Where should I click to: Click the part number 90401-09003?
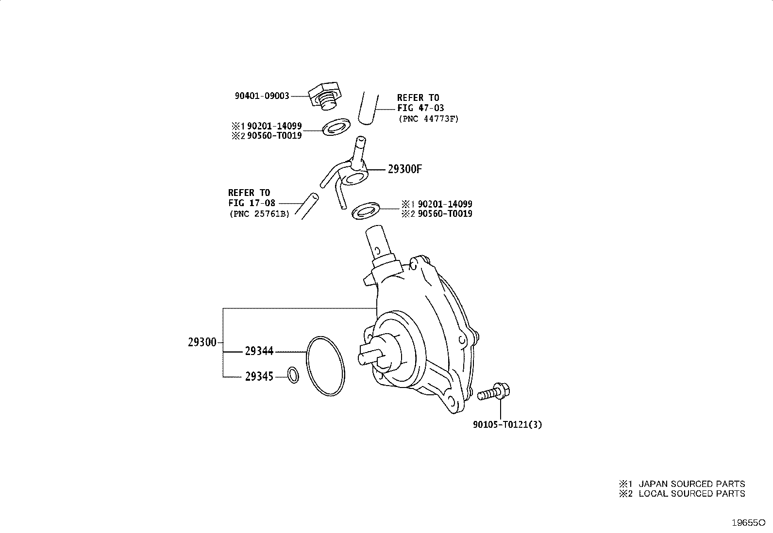(x=262, y=96)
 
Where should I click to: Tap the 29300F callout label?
(x=405, y=169)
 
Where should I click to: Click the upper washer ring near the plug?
(x=336, y=127)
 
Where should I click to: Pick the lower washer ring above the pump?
(x=366, y=211)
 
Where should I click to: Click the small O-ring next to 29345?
(x=293, y=375)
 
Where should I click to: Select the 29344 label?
(x=259, y=351)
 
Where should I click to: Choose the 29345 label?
(x=259, y=376)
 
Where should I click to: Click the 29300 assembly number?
(x=202, y=342)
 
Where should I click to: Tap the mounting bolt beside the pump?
(x=493, y=392)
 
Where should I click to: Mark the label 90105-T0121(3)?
(x=507, y=425)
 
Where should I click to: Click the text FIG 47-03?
(x=420, y=108)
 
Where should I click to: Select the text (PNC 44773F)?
(x=429, y=119)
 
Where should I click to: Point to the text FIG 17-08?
(x=252, y=203)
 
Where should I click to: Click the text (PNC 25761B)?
(x=259, y=214)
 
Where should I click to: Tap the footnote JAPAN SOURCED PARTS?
(x=692, y=484)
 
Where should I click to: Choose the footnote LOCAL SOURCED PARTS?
(x=692, y=494)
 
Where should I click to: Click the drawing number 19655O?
(x=749, y=523)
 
